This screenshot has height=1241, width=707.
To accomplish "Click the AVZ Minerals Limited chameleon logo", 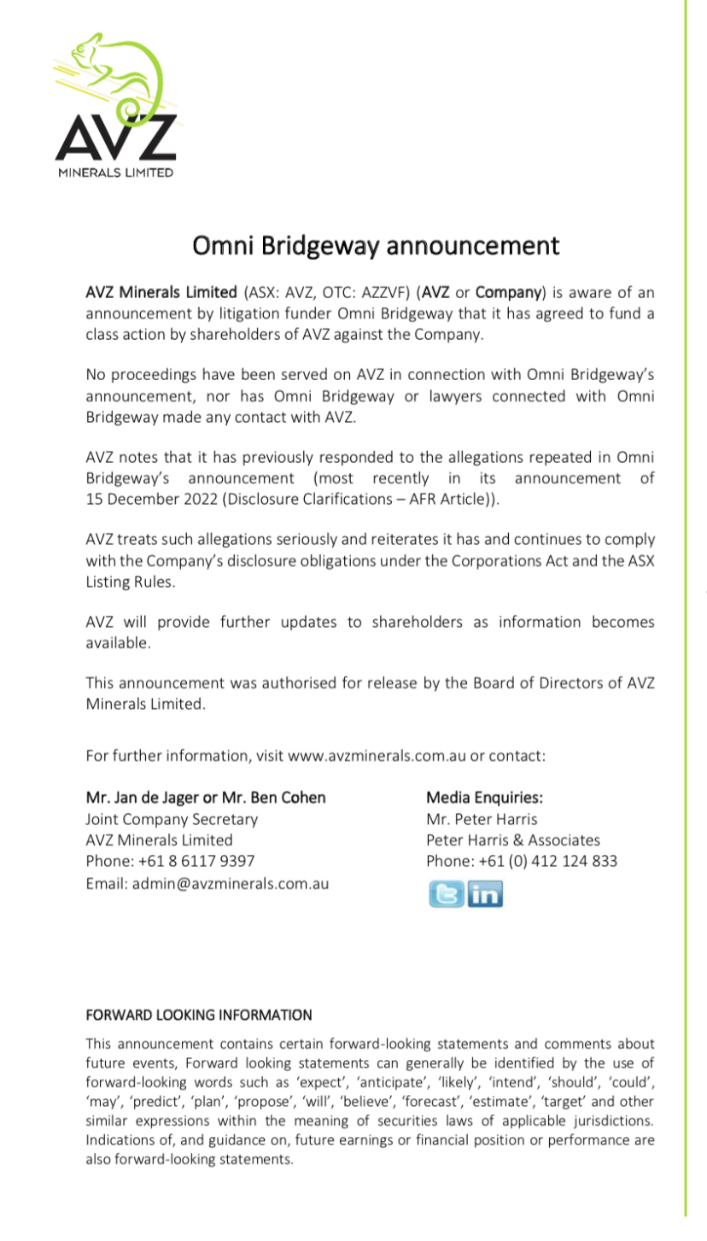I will pyautogui.click(x=116, y=106).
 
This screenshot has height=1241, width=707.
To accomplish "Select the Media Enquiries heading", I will pyautogui.click(x=484, y=798).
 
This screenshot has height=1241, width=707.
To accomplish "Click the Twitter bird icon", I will pyautogui.click(x=446, y=893).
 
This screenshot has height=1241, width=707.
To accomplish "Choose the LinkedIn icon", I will pyautogui.click(x=485, y=893).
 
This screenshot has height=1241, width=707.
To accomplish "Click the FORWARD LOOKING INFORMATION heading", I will pyautogui.click(x=199, y=1016).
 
